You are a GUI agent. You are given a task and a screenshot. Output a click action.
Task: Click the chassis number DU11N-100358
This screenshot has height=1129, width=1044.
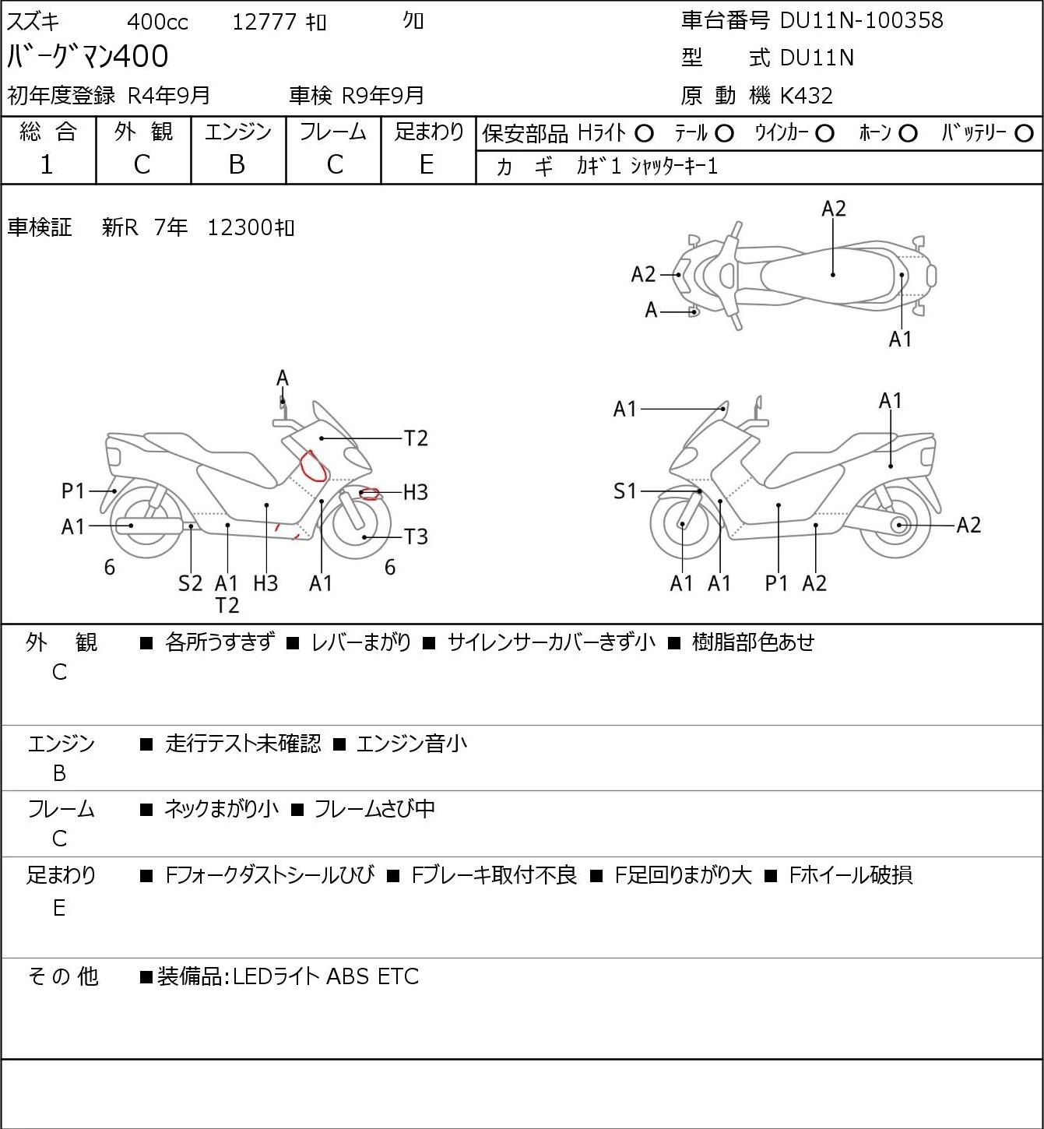tap(861, 20)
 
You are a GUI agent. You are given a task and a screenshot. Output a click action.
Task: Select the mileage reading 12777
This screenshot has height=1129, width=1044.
tap(265, 22)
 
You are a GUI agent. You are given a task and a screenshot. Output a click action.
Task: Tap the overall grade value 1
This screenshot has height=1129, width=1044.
tap(47, 165)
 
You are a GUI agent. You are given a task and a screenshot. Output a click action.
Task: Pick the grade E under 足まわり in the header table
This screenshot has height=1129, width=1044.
tap(427, 165)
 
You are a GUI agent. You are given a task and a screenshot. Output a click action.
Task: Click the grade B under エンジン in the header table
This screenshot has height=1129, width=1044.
tap(237, 165)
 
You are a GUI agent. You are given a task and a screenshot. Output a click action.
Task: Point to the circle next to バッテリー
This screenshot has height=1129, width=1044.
tap(1024, 134)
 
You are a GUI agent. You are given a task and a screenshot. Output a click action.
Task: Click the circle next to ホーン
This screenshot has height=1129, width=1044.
tap(908, 134)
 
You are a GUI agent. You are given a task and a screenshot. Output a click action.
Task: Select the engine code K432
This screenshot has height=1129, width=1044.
tap(807, 96)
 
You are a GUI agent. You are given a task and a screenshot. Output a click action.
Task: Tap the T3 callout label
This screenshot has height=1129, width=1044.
tap(416, 536)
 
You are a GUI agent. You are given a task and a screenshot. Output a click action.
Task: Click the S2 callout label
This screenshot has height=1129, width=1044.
tap(190, 583)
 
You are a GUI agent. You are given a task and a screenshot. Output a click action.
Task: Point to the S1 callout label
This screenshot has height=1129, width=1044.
tap(625, 491)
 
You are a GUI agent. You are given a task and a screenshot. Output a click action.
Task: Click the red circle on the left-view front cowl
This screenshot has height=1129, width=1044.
tap(312, 466)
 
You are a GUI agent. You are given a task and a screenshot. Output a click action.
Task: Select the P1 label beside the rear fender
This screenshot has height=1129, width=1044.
tap(72, 491)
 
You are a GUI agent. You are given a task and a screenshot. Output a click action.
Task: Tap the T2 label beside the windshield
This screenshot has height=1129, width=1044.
tap(416, 438)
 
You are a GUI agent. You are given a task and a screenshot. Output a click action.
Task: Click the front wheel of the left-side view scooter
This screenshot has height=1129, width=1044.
tap(357, 526)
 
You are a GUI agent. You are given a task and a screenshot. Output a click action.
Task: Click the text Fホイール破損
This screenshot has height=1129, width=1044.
tap(851, 875)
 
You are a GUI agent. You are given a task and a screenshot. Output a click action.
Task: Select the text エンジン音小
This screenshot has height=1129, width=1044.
tap(411, 744)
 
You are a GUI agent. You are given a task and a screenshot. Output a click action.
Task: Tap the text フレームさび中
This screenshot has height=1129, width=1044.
tap(374, 808)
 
